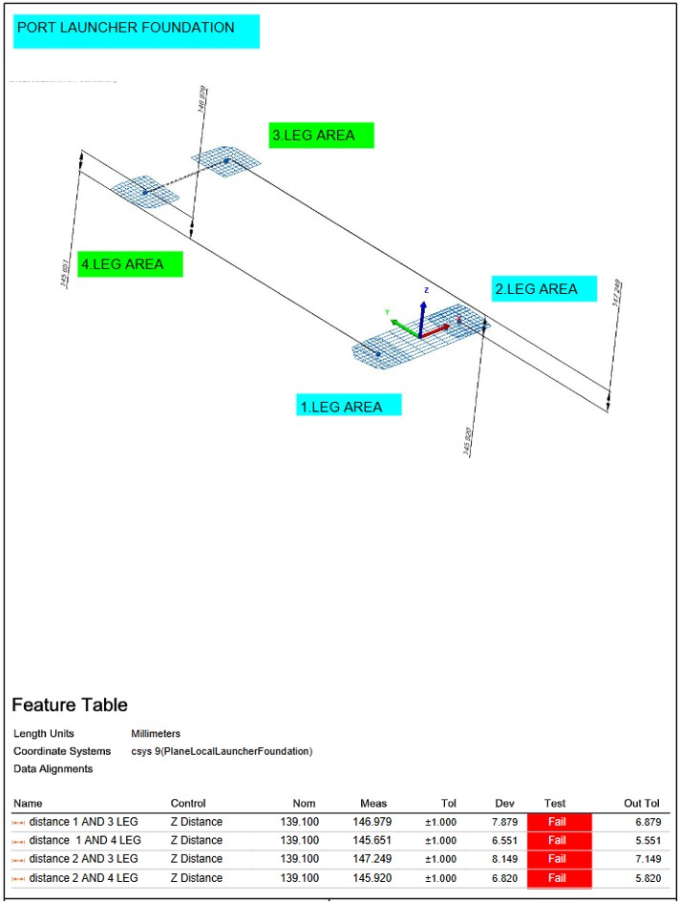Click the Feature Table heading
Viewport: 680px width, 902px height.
coord(69,705)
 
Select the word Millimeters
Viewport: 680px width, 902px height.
coord(156,733)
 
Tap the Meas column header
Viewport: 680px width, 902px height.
coord(373,803)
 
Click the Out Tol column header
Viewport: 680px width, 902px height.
coord(639,803)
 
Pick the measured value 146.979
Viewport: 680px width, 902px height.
coord(367,822)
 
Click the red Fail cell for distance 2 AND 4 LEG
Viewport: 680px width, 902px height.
coord(558,878)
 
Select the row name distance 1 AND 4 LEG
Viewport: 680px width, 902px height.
coord(85,841)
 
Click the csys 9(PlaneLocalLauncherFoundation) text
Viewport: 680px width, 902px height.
coord(222,751)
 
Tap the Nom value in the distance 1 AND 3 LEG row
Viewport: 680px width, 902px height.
coord(299,822)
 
